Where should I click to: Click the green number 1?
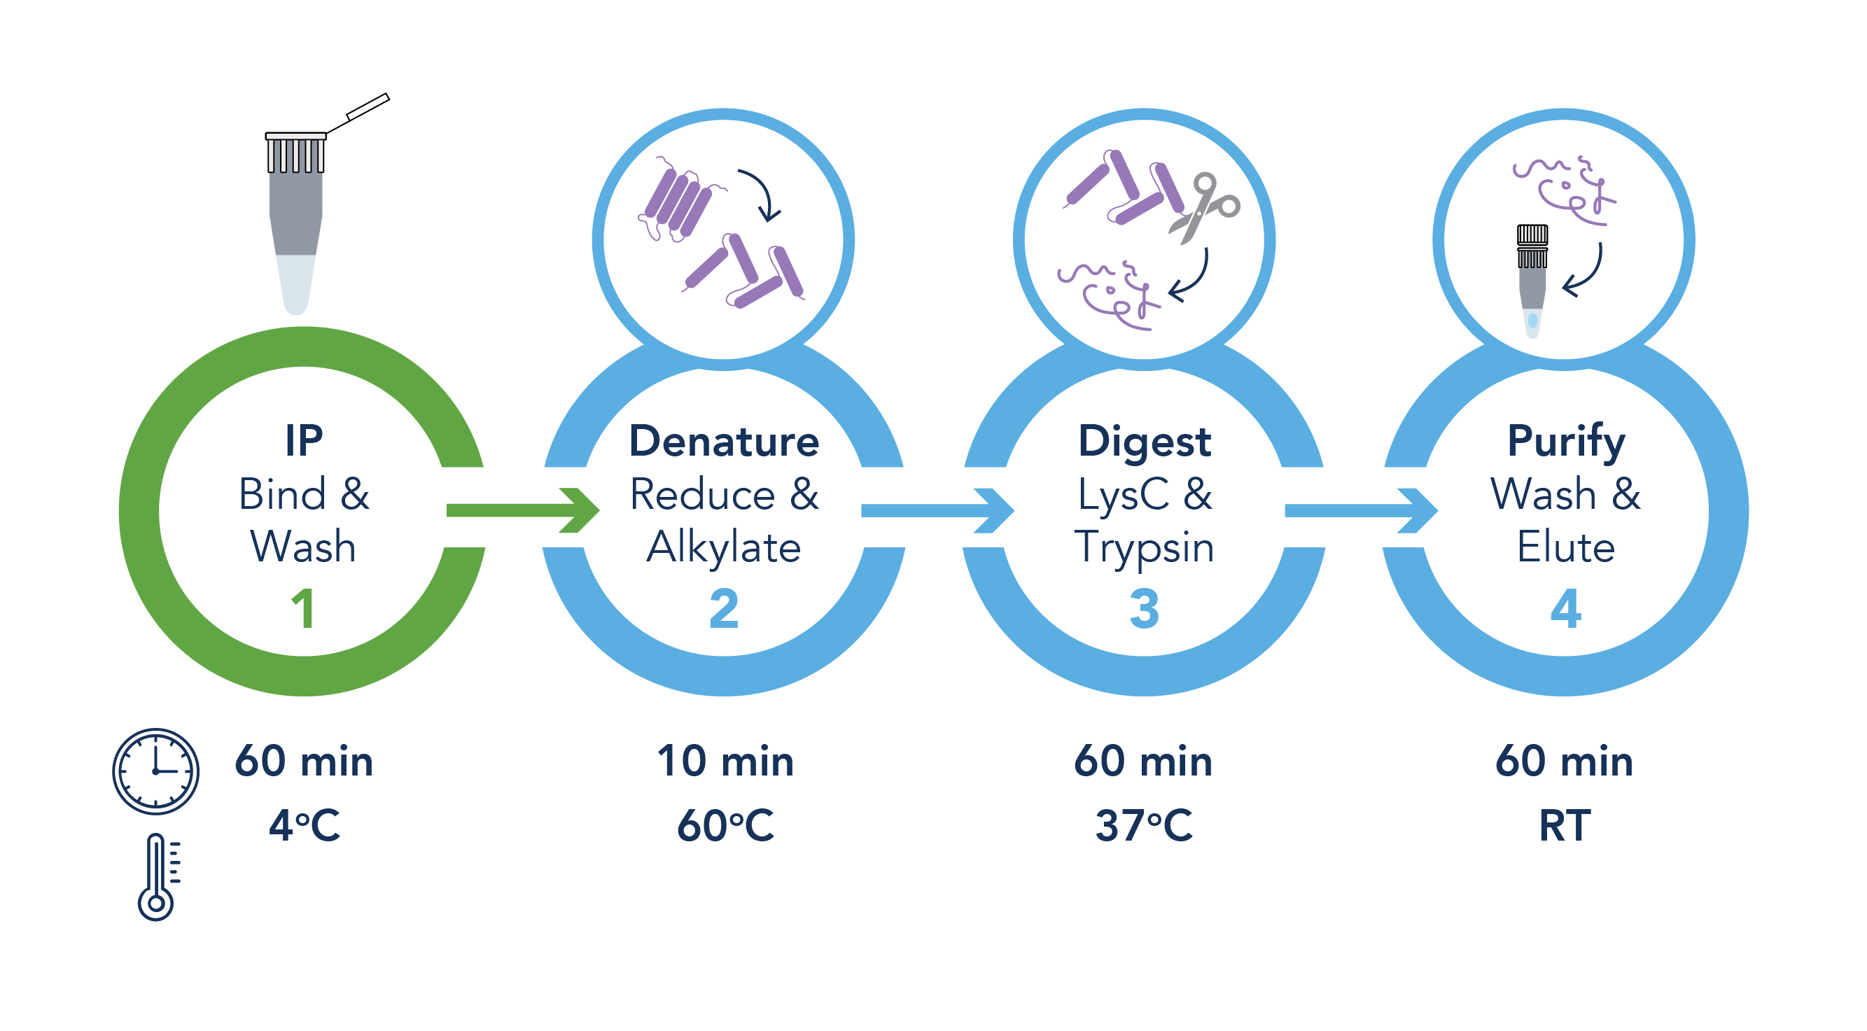click(x=303, y=609)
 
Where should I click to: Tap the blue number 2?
click(x=723, y=609)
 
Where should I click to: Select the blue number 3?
click(x=1144, y=609)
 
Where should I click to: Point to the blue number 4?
click(x=1565, y=609)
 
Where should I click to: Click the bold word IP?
click(x=304, y=440)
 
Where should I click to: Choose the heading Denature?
click(x=724, y=440)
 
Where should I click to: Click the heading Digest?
click(x=1145, y=440)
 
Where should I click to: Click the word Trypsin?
click(x=1144, y=547)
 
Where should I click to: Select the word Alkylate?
click(x=724, y=547)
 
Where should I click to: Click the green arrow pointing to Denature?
click(x=522, y=510)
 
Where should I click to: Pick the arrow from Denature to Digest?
click(x=937, y=510)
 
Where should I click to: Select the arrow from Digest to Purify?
click(x=1359, y=510)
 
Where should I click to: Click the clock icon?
click(x=155, y=771)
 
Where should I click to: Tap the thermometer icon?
click(x=157, y=877)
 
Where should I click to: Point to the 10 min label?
click(x=725, y=762)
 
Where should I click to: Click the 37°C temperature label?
click(x=1144, y=825)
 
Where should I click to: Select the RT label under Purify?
click(x=1565, y=825)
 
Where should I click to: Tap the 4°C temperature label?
click(x=304, y=825)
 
